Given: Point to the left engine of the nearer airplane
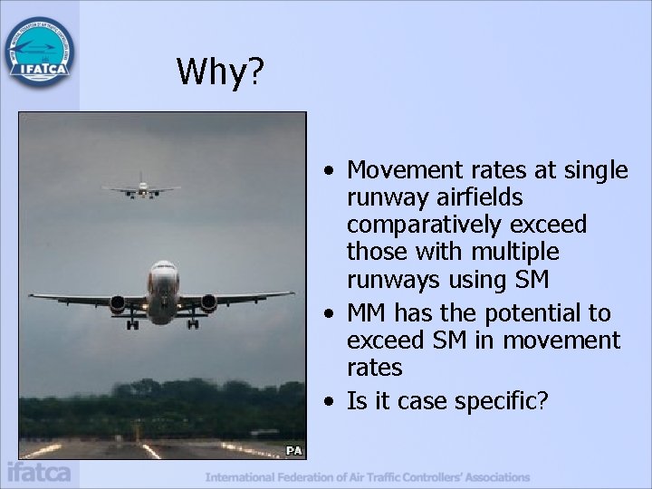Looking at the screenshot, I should [x=119, y=303].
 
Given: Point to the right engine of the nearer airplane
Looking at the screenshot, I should [x=208, y=303].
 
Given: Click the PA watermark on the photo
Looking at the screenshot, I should [x=294, y=450].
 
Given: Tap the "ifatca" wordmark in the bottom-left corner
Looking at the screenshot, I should [x=38, y=473].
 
